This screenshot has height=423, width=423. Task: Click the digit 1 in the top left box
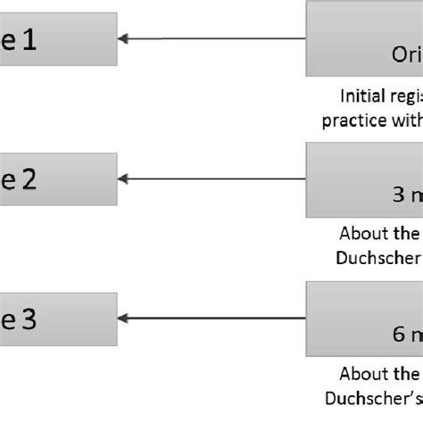[x=29, y=40]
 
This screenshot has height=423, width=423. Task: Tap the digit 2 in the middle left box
[x=29, y=179]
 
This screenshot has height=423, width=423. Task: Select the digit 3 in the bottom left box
[x=29, y=319]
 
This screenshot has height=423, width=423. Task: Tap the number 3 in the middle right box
[x=398, y=194]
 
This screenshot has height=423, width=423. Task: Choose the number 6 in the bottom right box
[x=398, y=334]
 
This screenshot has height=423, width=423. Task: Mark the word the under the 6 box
[x=406, y=374]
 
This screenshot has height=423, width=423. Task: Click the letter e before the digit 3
[x=9, y=319]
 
